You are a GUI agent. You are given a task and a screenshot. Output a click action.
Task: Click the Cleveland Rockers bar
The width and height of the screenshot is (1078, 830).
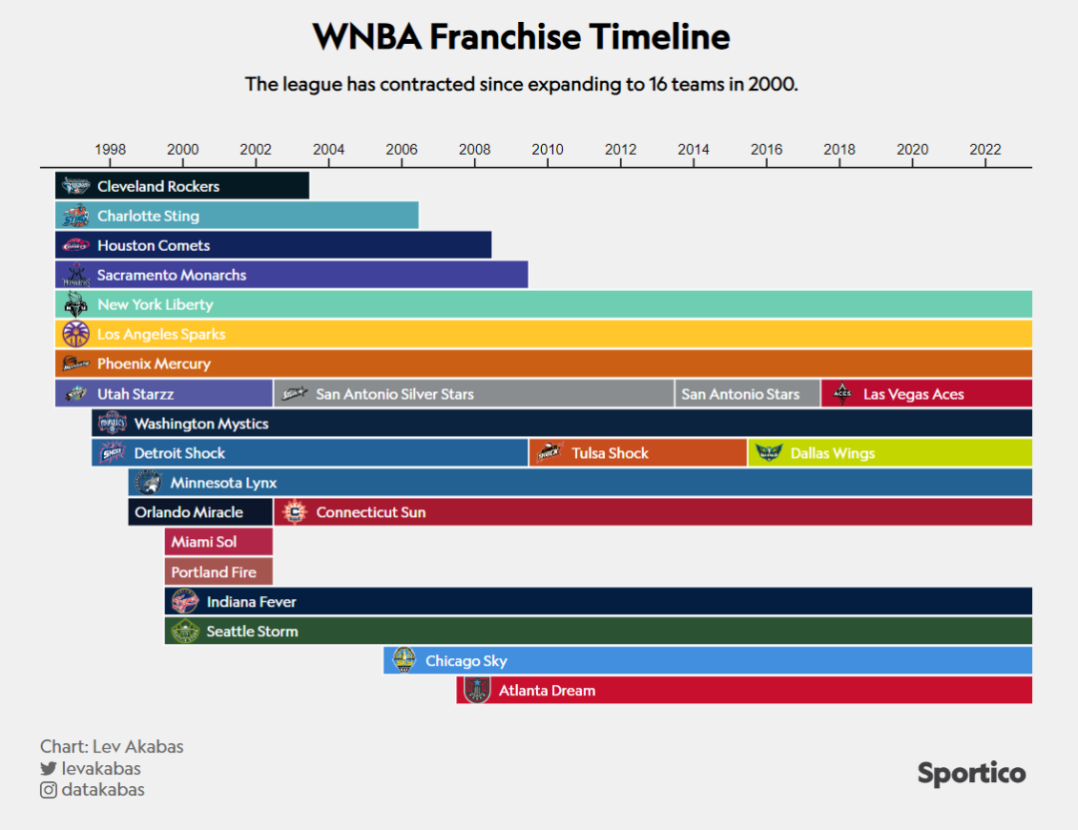tap(183, 186)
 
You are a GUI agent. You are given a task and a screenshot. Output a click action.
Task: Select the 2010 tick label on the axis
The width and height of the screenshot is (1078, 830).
tap(547, 150)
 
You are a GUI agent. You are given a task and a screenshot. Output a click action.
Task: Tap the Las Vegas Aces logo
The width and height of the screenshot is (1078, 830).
tap(842, 394)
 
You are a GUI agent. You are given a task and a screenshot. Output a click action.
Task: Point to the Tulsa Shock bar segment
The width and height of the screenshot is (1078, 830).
tap(638, 452)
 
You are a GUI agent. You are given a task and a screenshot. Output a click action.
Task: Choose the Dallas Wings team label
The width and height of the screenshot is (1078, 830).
tap(832, 453)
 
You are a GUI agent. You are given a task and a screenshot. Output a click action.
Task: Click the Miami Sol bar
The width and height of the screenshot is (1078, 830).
tap(219, 541)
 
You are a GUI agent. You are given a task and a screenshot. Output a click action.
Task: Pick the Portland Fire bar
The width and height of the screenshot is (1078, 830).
tap(219, 572)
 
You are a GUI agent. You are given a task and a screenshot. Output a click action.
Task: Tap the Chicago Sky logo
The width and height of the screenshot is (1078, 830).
tap(403, 660)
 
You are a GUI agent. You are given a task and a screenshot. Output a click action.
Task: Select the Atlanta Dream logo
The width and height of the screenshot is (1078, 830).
tap(476, 689)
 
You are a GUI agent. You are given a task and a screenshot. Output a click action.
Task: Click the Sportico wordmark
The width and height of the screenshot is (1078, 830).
tap(971, 773)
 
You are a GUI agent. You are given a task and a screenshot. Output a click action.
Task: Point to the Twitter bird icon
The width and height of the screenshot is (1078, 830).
tap(48, 769)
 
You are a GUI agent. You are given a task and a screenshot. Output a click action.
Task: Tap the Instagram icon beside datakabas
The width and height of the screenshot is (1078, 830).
tap(48, 790)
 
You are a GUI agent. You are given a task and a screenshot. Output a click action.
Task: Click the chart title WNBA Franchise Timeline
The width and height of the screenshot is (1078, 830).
tap(521, 37)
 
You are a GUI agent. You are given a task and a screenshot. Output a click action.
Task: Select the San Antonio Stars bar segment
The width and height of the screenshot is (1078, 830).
tap(748, 394)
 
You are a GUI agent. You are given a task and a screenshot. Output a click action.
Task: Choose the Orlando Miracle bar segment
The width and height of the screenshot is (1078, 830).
tap(201, 512)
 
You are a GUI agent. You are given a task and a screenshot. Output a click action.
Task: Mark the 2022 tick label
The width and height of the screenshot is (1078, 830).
tap(985, 150)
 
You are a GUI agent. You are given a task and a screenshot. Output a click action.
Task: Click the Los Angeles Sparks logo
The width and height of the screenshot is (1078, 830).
tap(76, 334)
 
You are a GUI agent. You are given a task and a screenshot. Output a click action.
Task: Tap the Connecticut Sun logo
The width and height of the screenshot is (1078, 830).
tap(294, 512)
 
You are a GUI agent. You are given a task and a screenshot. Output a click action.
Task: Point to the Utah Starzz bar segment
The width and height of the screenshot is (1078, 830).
tap(165, 394)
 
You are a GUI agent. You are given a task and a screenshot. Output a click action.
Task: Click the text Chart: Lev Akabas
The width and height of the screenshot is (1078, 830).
tap(112, 747)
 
